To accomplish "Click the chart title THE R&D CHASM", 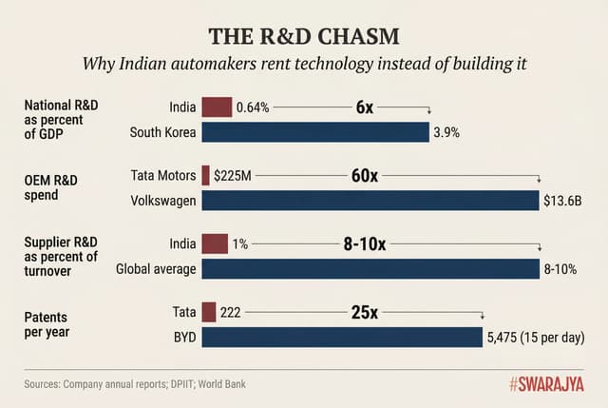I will (x=303, y=35).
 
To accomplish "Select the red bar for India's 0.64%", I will (x=217, y=107).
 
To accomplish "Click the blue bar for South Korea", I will (x=314, y=132).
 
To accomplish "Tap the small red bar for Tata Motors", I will (x=205, y=175).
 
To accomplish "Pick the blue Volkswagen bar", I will (x=370, y=201).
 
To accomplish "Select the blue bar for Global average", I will (x=370, y=269).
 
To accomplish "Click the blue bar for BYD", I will (x=342, y=338).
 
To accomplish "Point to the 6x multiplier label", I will (x=364, y=107).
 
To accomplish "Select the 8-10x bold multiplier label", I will (x=364, y=244).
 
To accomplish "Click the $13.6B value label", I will (x=562, y=201).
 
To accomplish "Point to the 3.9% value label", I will (x=446, y=133).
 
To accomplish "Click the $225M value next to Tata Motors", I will (x=232, y=176).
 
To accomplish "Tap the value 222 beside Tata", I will (x=231, y=312).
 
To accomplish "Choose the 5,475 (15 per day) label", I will (x=535, y=338).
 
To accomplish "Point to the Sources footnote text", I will (x=140, y=384).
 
